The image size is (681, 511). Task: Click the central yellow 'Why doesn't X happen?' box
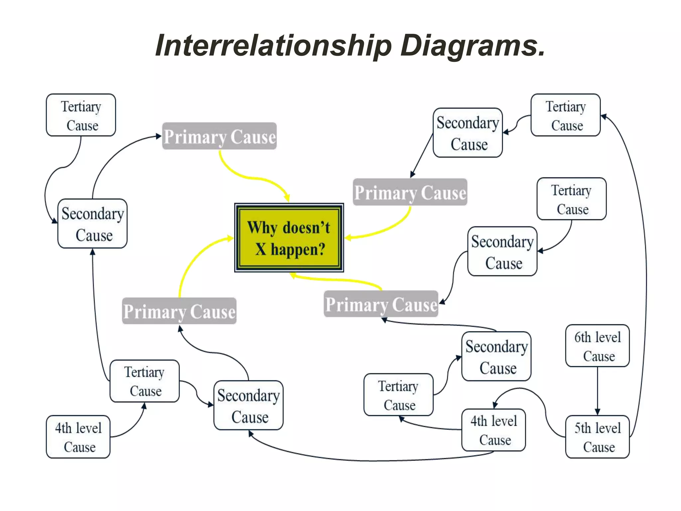(x=289, y=238)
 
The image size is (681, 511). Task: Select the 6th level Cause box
(x=597, y=346)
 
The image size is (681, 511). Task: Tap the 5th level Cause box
(x=597, y=436)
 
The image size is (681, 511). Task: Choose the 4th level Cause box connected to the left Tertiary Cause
(x=78, y=436)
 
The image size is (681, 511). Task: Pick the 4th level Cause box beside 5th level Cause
(x=493, y=430)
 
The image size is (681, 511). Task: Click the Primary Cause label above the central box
(x=219, y=136)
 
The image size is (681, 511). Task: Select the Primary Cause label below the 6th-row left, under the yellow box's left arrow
(x=179, y=311)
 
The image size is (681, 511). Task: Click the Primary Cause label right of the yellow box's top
(x=410, y=192)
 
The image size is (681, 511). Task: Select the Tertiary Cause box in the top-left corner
(x=81, y=115)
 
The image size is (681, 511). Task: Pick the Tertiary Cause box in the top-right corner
(x=565, y=115)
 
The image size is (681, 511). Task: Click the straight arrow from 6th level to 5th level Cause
(x=597, y=391)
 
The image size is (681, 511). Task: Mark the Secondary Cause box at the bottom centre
(x=248, y=405)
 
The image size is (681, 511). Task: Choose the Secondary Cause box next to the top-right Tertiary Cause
(x=468, y=133)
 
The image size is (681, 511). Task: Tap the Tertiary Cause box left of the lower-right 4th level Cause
(x=398, y=395)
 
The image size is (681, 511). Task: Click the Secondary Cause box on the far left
(x=92, y=224)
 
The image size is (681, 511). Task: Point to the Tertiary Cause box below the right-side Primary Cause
(x=571, y=199)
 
